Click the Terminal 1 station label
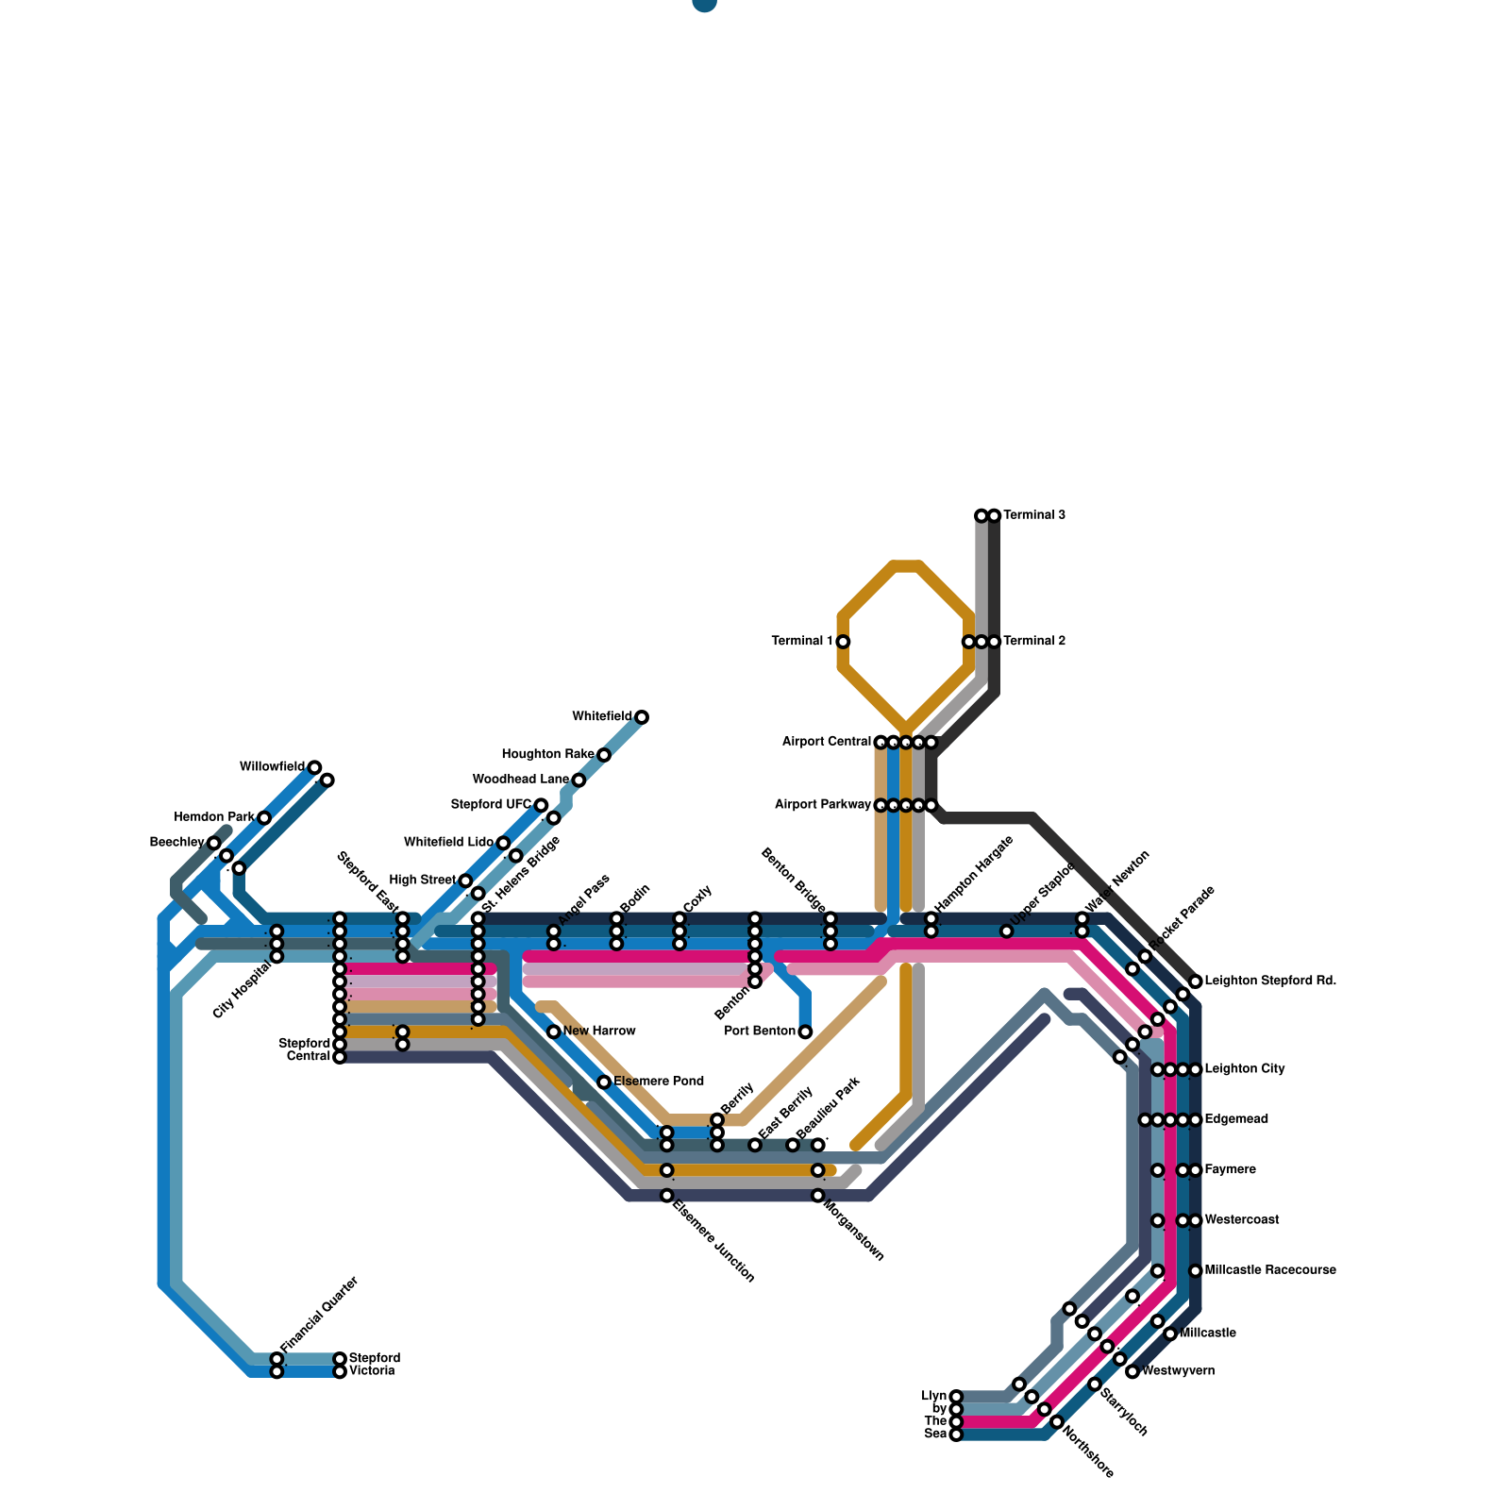point(801,642)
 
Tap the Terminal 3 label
point(1034,515)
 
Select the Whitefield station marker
point(642,717)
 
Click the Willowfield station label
point(272,767)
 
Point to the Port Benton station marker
point(805,1032)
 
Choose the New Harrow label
point(599,1032)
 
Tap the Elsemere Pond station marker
point(604,1082)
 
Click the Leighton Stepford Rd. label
point(1270,981)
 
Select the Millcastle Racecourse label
point(1270,1270)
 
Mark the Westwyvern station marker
point(1132,1371)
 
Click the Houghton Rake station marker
point(604,755)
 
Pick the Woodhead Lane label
point(520,780)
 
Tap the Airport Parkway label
point(822,805)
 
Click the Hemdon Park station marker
point(264,817)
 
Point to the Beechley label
point(176,843)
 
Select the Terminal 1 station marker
point(843,642)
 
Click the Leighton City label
point(1245,1069)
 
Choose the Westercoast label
point(1242,1220)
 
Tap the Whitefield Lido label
point(448,843)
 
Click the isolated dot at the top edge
point(704,3)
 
